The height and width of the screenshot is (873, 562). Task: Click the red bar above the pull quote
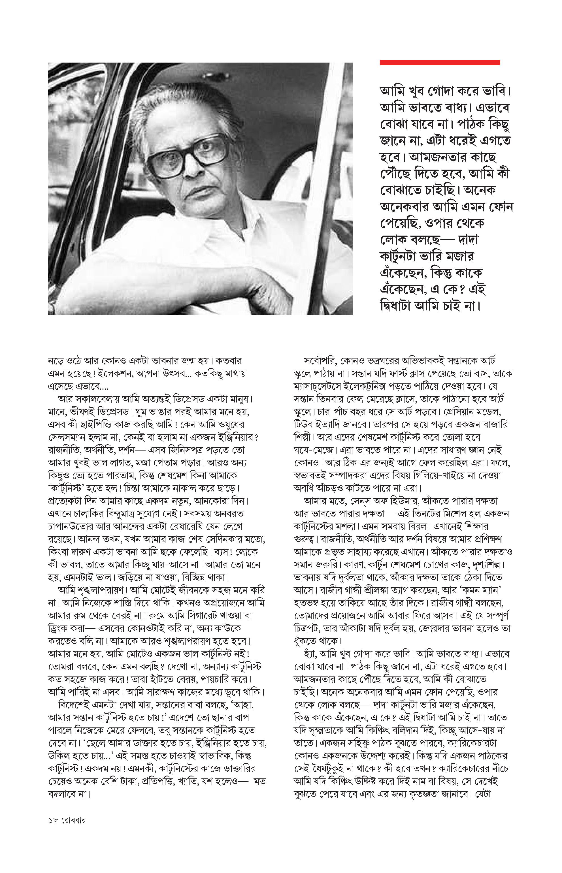[440, 63]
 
